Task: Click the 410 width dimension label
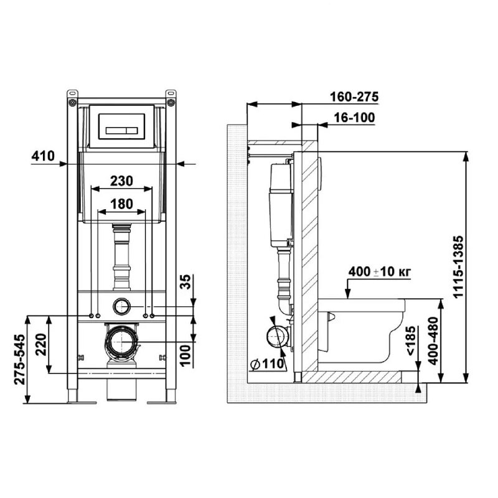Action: pos(43,156)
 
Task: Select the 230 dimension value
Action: pos(121,181)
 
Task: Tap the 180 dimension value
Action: pos(121,204)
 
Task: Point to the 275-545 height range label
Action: pos(20,359)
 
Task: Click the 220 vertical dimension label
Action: pos(41,344)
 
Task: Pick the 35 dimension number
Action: pos(186,282)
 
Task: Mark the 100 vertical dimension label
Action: pos(186,355)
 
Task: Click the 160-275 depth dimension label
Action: pos(354,97)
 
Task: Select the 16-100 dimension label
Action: pos(354,118)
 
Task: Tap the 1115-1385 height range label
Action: pos(459,266)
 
